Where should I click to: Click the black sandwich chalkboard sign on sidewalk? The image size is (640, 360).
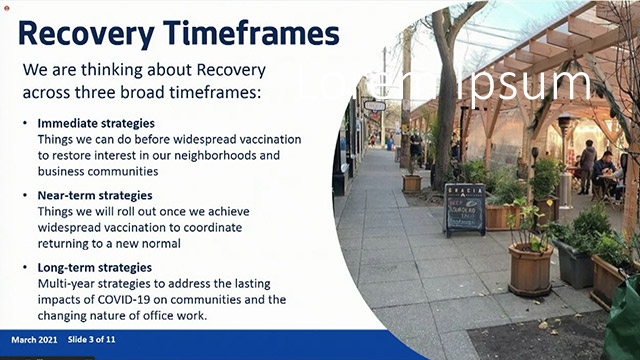[464, 207]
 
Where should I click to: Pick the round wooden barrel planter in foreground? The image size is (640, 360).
[529, 268]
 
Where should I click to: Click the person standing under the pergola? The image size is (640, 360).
[588, 165]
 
